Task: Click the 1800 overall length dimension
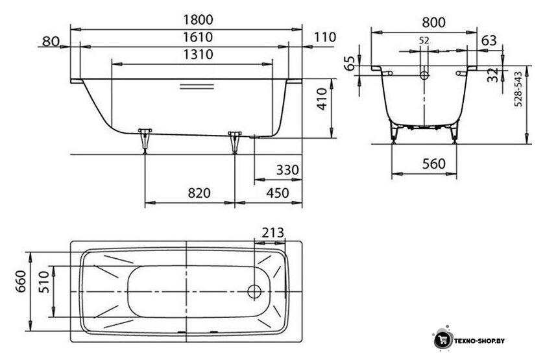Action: tap(198, 20)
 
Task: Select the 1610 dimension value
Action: tap(198, 37)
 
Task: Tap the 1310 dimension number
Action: tap(198, 54)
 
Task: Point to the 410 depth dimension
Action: tap(322, 99)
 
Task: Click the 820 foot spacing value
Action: tap(199, 193)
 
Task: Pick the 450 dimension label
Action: tap(278, 193)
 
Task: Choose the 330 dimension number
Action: tap(287, 170)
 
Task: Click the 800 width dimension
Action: tap(433, 23)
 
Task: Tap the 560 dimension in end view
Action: tap(434, 163)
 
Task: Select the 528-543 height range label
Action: tap(518, 89)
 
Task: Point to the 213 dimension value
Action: tap(273, 232)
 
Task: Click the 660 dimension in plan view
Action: tap(21, 281)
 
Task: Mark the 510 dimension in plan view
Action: tap(44, 282)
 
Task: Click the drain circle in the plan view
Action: tap(254, 291)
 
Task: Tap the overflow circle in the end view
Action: tap(424, 75)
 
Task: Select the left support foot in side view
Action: tap(145, 140)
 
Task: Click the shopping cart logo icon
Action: tap(442, 339)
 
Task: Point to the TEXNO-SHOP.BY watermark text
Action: tap(479, 341)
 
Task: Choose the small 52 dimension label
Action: tap(424, 41)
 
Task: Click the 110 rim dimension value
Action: tap(325, 37)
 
